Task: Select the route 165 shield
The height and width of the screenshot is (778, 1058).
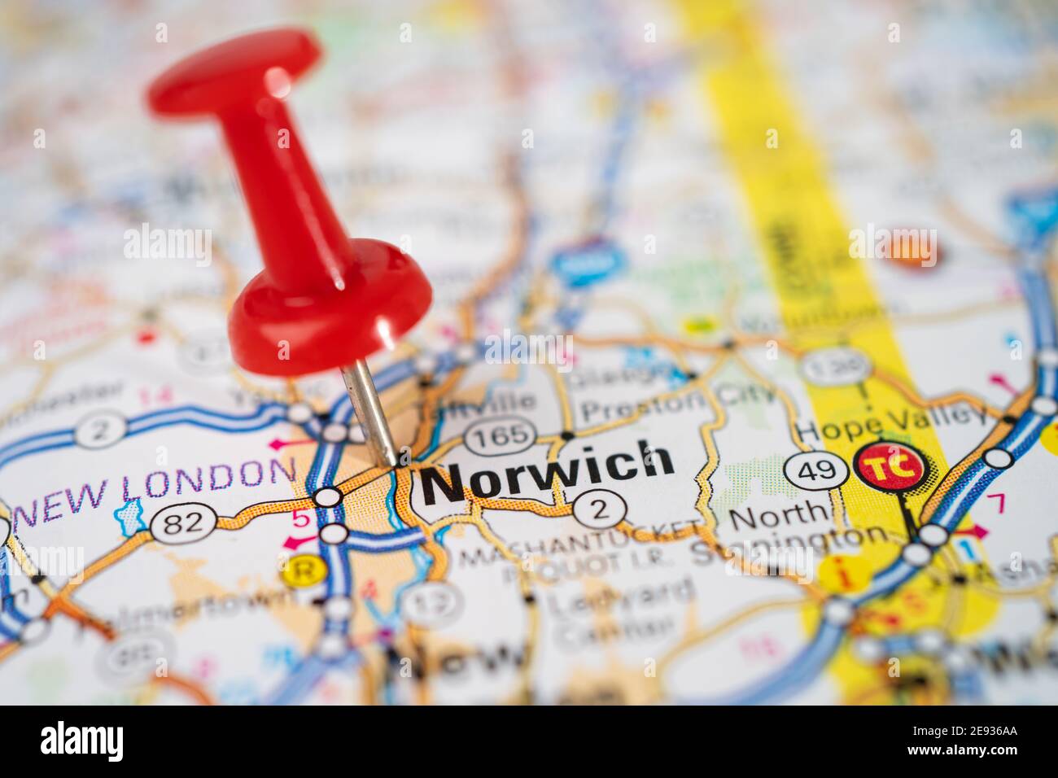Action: click(501, 437)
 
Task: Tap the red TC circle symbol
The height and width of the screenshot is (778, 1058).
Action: click(890, 468)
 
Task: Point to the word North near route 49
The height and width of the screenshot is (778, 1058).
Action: click(778, 514)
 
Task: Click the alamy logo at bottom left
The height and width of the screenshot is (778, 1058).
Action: click(81, 741)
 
